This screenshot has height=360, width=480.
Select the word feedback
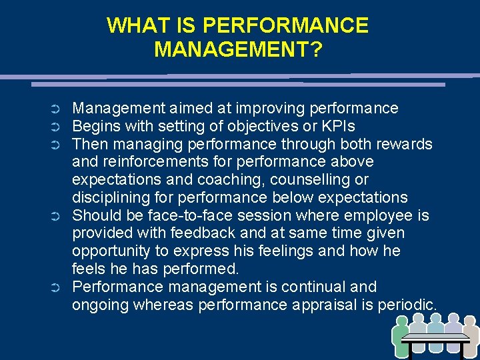click(201, 234)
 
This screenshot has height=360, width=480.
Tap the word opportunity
click(111, 252)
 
